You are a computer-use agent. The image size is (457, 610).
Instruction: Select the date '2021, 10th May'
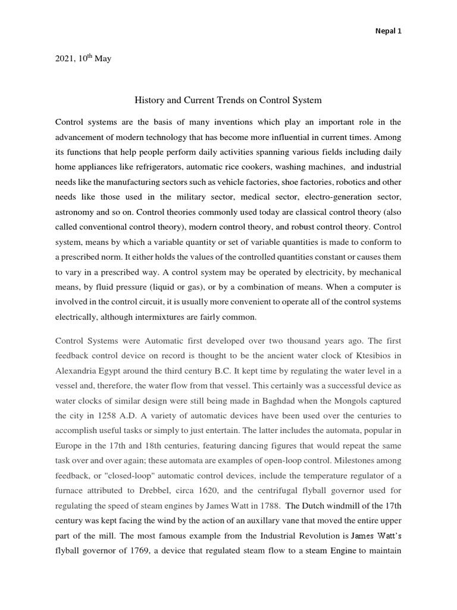pos(83,59)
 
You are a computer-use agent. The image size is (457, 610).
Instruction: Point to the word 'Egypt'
pos(120,371)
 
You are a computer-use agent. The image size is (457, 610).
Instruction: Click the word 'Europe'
pos(69,446)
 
